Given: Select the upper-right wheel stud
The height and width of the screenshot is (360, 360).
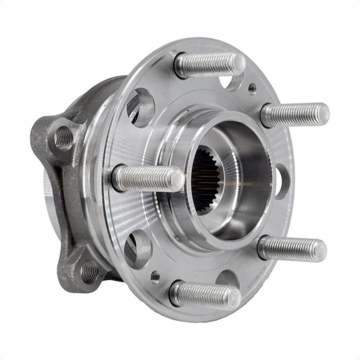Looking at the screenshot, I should click(294, 114).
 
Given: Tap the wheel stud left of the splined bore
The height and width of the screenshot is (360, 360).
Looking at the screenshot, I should click(147, 179).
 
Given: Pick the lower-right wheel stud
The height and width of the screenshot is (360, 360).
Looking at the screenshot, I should click(290, 249).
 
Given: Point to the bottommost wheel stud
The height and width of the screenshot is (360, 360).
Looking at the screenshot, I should click(205, 294).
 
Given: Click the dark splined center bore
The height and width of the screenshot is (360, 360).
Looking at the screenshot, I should click(205, 179).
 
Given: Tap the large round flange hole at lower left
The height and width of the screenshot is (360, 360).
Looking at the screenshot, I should click(138, 249).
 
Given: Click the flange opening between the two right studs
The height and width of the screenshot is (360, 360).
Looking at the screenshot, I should click(280, 181).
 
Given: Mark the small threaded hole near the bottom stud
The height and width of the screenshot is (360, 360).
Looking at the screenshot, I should click(155, 276).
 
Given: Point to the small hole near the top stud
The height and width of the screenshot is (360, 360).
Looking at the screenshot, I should click(252, 88).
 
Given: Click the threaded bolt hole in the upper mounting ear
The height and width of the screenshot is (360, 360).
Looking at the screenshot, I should click(63, 138).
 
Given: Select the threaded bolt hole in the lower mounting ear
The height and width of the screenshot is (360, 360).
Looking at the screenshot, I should click(88, 271).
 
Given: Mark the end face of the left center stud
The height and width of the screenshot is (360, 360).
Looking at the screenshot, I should click(176, 180).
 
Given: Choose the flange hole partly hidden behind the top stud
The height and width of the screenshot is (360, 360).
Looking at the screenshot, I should click(230, 82).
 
